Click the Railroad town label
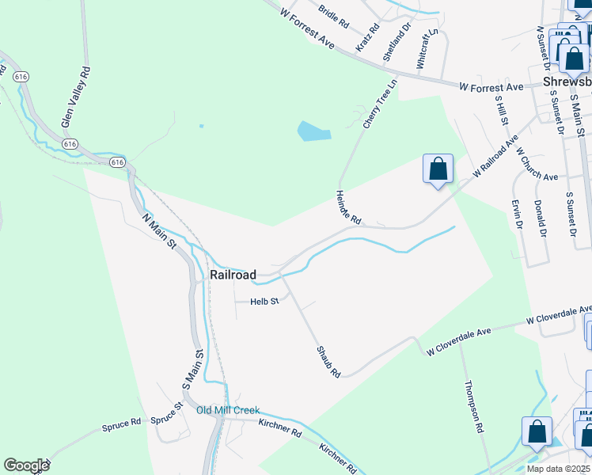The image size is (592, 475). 233,275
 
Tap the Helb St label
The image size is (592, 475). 265,302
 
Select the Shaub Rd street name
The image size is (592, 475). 328,362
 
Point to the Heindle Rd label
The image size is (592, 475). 348,207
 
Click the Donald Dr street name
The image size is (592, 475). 541,218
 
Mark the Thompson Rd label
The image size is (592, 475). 473,405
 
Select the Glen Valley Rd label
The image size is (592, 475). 77,97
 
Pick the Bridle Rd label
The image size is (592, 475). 333,17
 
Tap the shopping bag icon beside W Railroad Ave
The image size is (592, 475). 438,169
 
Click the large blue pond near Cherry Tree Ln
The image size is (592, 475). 314,131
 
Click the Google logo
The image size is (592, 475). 26,465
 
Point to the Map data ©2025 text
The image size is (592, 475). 557,469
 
